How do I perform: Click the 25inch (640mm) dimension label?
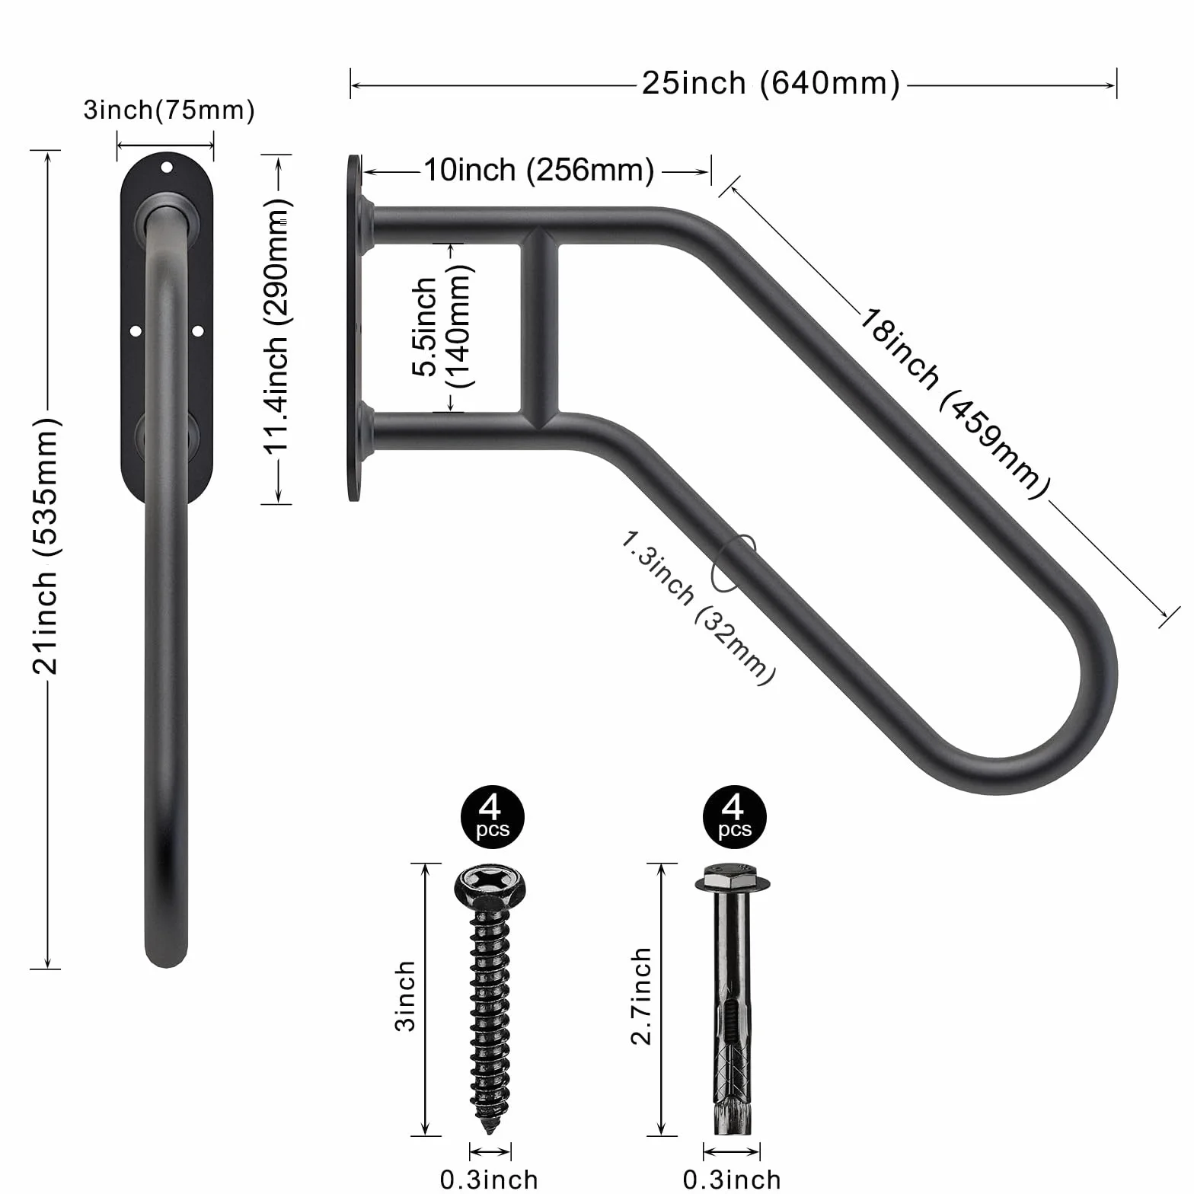(771, 83)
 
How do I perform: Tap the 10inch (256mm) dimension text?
(538, 170)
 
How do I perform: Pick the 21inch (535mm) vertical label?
(46, 545)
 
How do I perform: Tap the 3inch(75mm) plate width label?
(169, 110)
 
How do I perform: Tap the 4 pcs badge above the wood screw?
(493, 819)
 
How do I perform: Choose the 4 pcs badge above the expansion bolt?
(734, 819)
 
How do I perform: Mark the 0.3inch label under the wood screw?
(489, 1180)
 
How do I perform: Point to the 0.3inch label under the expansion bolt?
(731, 1180)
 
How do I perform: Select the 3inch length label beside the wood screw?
(406, 996)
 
